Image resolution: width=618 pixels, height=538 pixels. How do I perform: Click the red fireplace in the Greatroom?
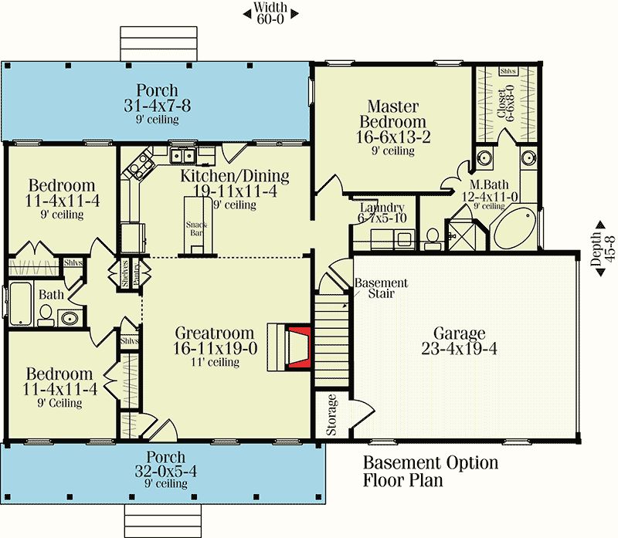pyautogui.click(x=299, y=347)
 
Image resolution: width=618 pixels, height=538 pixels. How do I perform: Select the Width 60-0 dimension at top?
pyautogui.click(x=270, y=14)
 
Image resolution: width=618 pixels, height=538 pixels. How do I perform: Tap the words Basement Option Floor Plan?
pyautogui.click(x=430, y=472)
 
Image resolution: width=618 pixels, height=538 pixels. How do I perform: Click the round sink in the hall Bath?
pyautogui.click(x=70, y=317)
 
